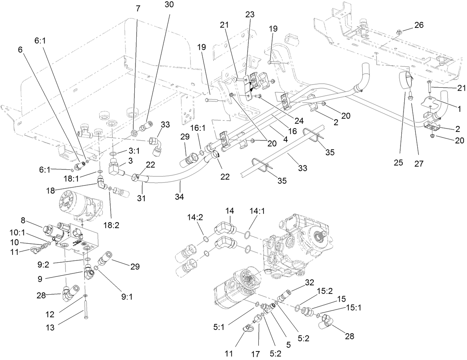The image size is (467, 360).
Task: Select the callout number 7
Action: [x=138, y=9]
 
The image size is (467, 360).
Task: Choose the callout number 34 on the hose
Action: [x=180, y=196]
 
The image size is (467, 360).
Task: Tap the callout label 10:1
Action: [x=17, y=232]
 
